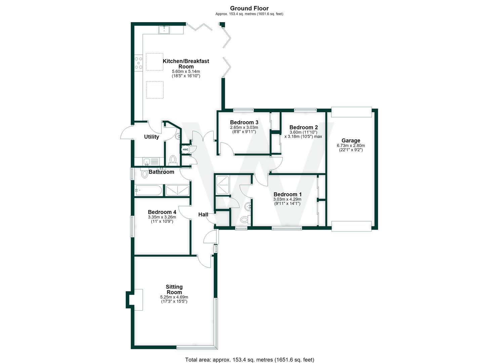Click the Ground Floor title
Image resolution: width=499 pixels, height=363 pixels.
(x=249, y=8)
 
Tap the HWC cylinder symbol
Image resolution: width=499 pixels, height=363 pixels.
(x=185, y=150)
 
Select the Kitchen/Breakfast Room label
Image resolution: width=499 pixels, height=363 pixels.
(x=186, y=64)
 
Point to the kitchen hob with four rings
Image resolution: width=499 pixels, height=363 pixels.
(x=138, y=63)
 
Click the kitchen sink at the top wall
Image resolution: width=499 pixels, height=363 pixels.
(x=164, y=30)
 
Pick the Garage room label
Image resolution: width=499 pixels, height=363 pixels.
(x=351, y=140)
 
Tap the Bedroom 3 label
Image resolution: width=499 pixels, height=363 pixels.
(x=244, y=122)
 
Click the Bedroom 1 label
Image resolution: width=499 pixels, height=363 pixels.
(x=287, y=194)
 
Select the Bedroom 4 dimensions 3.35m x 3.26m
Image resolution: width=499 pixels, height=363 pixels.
(x=162, y=217)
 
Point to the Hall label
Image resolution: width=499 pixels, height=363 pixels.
(x=203, y=214)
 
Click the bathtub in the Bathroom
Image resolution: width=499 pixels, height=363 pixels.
(x=148, y=190)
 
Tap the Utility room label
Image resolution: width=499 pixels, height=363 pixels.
(x=152, y=137)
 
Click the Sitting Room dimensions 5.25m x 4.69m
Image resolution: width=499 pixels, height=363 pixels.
(x=174, y=297)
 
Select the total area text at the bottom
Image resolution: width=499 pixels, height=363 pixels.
(x=249, y=353)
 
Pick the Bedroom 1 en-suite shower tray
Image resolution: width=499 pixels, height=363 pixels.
(x=223, y=185)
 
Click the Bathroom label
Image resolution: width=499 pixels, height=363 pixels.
(x=161, y=172)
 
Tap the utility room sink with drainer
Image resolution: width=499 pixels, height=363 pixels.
(x=151, y=161)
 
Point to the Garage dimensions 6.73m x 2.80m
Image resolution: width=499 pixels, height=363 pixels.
(x=351, y=146)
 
